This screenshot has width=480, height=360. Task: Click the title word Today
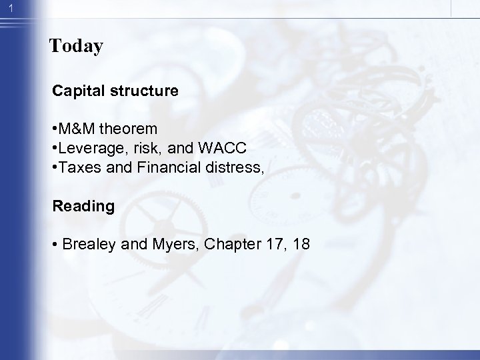click(x=76, y=47)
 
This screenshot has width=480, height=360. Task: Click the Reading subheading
click(x=84, y=207)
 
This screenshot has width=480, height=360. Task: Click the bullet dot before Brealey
click(x=56, y=244)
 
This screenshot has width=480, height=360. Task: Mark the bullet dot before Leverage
click(x=56, y=149)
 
